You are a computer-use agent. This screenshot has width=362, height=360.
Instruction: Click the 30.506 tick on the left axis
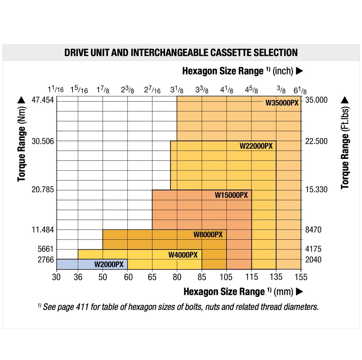pyautogui.click(x=42, y=141)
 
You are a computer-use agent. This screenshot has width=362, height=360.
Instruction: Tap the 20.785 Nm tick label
pyautogui.click(x=42, y=190)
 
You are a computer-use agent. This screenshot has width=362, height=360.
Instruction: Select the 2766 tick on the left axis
pyautogui.click(x=46, y=259)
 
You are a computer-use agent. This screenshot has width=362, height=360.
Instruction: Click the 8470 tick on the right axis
pyautogui.click(x=314, y=230)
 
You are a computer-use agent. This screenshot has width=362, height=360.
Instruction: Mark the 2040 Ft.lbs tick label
pyautogui.click(x=314, y=259)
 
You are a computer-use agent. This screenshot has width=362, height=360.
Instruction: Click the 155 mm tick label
pyautogui.click(x=301, y=277)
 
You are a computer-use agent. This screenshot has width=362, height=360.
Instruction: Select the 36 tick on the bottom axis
pyautogui.click(x=78, y=277)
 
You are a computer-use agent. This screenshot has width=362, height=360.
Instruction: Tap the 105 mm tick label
pyautogui.click(x=226, y=277)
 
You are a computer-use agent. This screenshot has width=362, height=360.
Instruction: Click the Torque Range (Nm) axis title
pyautogui.click(x=22, y=138)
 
